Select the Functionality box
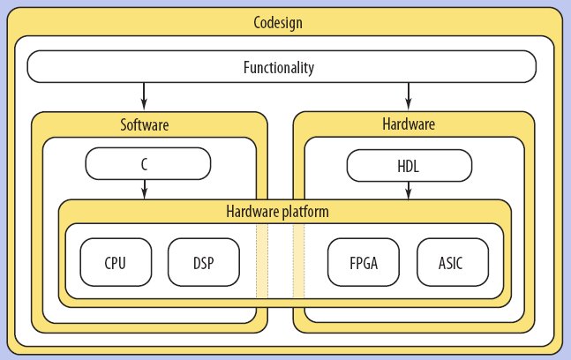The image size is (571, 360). coord(282,66)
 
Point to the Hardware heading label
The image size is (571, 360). coord(409,124)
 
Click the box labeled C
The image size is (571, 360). coord(147,164)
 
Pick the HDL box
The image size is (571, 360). coord(409,164)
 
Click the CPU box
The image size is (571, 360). coord(116,262)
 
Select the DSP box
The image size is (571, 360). coord(203,262)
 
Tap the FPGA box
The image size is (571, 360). coord(363,262)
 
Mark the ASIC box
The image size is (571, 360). coord(450,262)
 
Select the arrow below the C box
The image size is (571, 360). coord(145,190)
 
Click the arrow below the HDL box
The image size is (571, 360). coord(408,190)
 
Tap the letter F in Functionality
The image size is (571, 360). coord(245,66)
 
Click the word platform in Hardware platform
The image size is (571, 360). coord(306,212)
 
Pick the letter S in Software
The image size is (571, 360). coord(124,124)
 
